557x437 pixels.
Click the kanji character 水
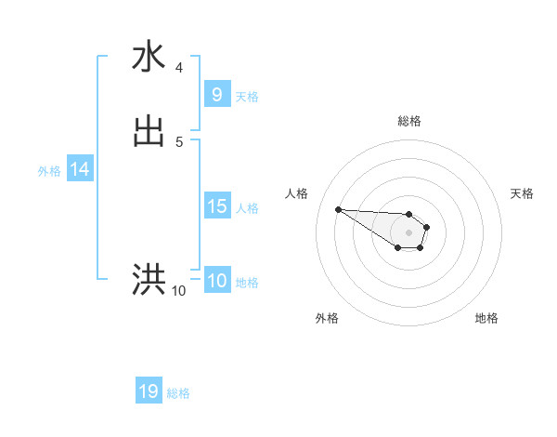[x=149, y=57]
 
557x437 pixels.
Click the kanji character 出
[x=149, y=130]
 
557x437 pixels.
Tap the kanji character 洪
[x=149, y=278]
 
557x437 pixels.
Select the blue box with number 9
[x=216, y=94]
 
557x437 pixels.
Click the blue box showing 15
[x=216, y=206]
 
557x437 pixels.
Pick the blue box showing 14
[x=80, y=169]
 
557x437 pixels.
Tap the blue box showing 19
[x=149, y=391]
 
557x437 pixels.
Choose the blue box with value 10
[x=216, y=281]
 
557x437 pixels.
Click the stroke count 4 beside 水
[x=179, y=67]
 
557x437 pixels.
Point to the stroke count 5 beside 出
[x=179, y=141]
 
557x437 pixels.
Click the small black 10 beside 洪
[x=178, y=291]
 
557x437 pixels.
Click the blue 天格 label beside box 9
[x=247, y=96]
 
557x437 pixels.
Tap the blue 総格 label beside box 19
[x=178, y=393]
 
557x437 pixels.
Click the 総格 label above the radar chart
[x=408, y=121]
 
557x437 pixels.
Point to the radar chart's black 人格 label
[x=297, y=193]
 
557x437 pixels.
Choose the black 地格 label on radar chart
[x=486, y=318]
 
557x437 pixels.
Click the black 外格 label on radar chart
[x=327, y=318]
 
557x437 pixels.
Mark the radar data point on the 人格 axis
[x=338, y=209]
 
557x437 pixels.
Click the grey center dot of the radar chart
[x=408, y=232]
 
